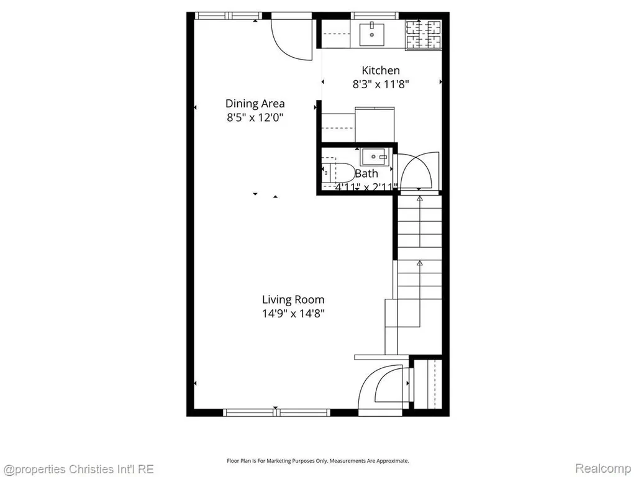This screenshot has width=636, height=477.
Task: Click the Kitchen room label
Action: [381, 70]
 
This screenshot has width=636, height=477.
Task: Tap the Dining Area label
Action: [255, 104]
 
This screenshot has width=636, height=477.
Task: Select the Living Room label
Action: [293, 300]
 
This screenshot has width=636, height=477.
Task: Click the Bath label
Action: [366, 174]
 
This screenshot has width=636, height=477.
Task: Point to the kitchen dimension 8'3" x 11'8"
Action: [381, 84]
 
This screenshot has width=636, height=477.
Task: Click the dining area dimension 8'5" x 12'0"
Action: [255, 117]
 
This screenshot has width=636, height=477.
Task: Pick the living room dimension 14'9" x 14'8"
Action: [293, 314]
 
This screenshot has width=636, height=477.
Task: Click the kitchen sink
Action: [372, 35]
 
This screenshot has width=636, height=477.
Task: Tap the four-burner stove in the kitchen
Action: [424, 35]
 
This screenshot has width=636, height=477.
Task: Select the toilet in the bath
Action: [338, 173]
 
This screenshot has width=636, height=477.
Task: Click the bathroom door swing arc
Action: [418, 170]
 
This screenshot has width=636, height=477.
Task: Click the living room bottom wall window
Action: [276, 412]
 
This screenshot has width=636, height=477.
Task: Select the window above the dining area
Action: [229, 16]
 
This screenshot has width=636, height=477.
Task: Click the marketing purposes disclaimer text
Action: [317, 461]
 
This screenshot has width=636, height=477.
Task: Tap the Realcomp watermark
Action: [602, 468]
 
